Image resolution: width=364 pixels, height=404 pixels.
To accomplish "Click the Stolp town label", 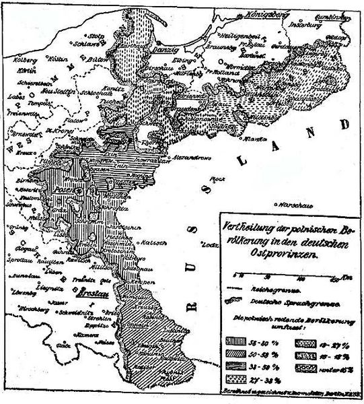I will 96,30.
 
